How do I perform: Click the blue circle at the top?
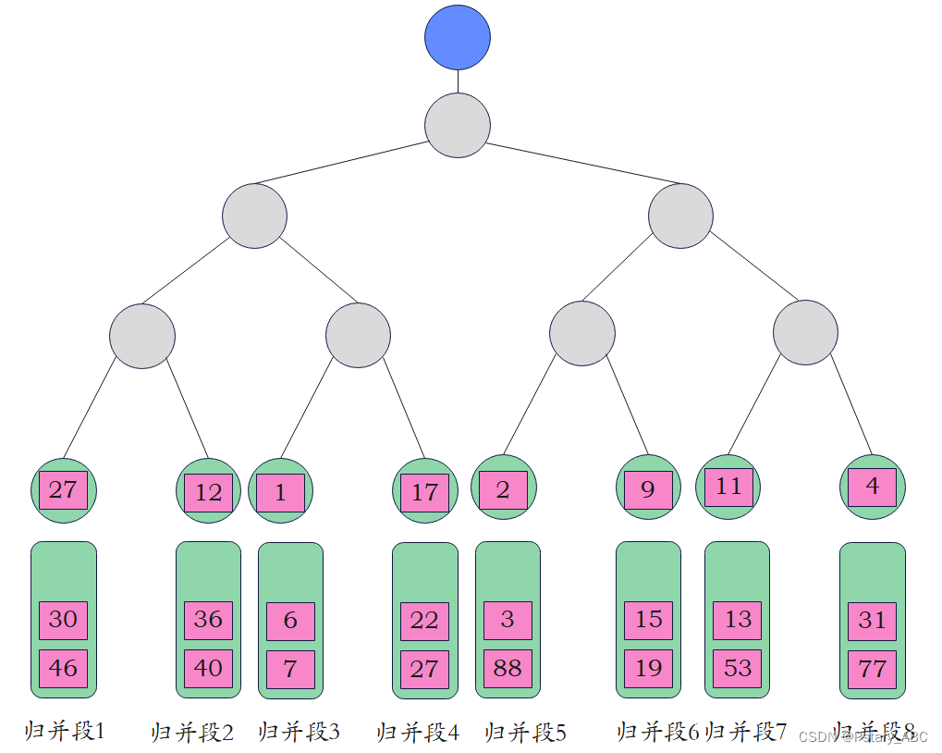[458, 37]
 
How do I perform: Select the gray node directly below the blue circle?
[458, 125]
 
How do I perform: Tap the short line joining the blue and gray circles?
[458, 81]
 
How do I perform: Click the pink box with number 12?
[208, 492]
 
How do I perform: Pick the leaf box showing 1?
[280, 492]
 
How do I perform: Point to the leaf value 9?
[648, 489]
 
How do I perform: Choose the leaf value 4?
[872, 487]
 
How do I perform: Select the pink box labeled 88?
[508, 668]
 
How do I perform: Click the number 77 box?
[872, 669]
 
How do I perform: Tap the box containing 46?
[63, 668]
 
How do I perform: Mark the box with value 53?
[738, 668]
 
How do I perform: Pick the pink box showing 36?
[208, 620]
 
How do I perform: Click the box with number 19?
[648, 668]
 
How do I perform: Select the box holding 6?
[290, 621]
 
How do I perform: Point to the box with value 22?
[424, 621]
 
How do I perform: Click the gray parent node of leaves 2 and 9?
[582, 333]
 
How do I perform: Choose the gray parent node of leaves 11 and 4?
[805, 332]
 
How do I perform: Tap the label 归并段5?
[525, 733]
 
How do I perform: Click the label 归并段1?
[65, 731]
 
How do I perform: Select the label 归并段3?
[299, 733]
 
